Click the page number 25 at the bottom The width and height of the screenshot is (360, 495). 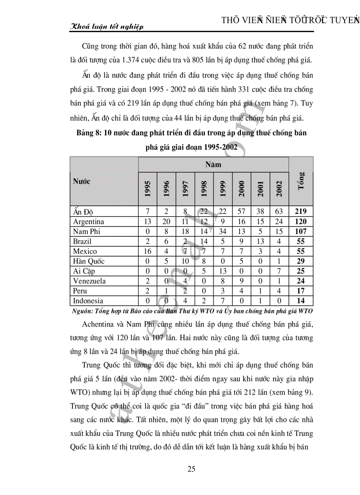(191, 469)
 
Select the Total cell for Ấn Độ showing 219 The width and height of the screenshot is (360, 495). (301, 212)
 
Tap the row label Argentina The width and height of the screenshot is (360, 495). (89, 222)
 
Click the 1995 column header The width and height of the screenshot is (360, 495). (148, 189)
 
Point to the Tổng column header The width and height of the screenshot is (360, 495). (301, 181)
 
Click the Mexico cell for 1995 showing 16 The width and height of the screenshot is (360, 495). (148, 251)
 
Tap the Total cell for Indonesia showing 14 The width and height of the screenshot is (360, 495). (301, 301)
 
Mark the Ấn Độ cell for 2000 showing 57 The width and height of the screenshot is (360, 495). (241, 212)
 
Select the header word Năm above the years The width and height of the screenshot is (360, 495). (213, 164)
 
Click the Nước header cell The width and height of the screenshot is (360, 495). (82, 181)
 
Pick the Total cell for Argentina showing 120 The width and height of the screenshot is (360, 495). (301, 222)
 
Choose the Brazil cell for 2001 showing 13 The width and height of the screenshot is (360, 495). (260, 242)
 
